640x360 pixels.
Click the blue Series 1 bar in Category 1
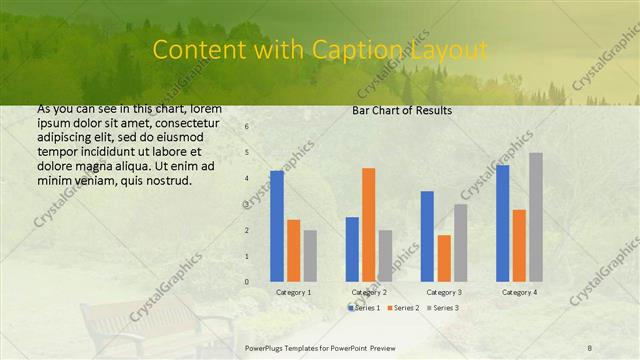[277, 226]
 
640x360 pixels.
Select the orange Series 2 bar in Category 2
[368, 224]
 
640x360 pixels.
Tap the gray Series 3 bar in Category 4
[536, 217]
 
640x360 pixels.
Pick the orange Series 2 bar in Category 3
[444, 258]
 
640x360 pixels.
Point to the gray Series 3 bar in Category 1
[310, 256]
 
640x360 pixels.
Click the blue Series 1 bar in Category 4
[502, 223]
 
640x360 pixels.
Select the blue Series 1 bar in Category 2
[352, 249]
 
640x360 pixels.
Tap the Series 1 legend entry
[364, 308]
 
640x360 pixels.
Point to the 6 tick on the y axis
[247, 127]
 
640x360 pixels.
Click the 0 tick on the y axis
[247, 282]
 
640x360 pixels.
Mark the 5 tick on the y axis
[247, 153]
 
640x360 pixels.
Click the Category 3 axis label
[444, 292]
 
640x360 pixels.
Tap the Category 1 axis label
[293, 292]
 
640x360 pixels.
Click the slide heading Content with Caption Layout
[320, 49]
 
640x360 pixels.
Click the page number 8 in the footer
[590, 347]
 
